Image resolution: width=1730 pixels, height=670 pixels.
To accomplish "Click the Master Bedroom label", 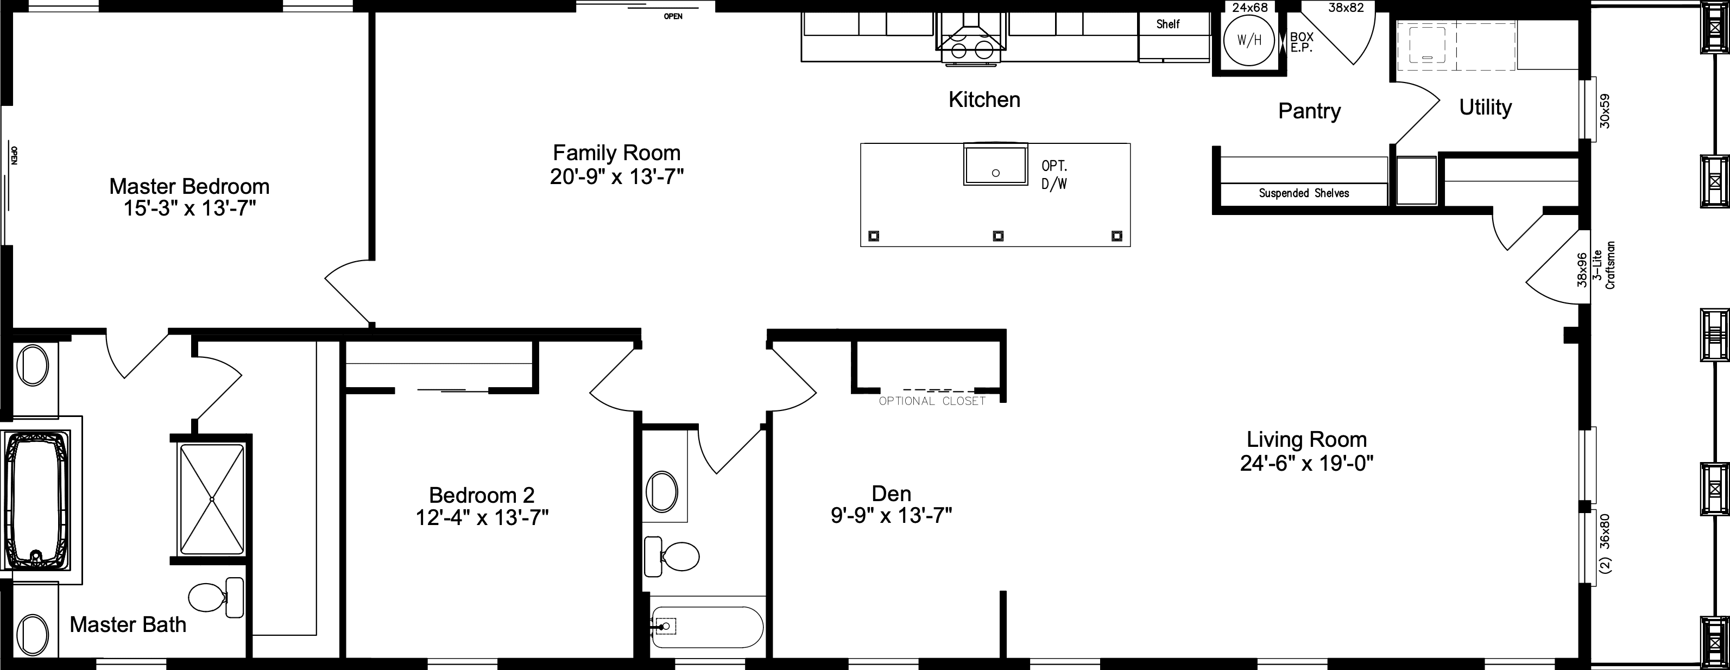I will [x=190, y=186].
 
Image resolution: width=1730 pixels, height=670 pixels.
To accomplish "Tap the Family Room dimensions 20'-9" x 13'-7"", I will [x=616, y=176].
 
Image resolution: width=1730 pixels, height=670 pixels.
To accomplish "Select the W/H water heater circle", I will [x=1248, y=40].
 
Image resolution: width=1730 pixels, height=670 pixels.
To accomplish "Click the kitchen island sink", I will [x=995, y=165].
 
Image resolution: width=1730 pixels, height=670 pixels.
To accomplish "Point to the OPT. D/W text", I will [x=1054, y=174].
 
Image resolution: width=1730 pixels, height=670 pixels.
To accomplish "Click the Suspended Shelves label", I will [x=1304, y=193].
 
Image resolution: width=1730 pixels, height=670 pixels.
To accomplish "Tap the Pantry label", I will [x=1309, y=111].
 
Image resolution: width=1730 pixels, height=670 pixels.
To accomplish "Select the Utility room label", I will [x=1485, y=108].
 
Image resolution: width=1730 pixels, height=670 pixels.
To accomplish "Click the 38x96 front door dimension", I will [x=1582, y=269].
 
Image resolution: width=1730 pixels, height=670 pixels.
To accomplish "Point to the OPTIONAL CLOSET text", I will [x=932, y=401].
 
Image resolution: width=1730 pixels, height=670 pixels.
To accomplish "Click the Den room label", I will [x=891, y=494].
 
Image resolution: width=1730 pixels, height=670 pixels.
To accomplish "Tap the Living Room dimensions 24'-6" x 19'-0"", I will [x=1306, y=463].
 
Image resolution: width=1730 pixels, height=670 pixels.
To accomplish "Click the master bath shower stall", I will [x=212, y=499].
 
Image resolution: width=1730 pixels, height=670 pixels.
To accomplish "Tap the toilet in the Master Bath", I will [x=215, y=597].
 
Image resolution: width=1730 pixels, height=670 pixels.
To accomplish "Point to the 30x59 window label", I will [x=1605, y=111].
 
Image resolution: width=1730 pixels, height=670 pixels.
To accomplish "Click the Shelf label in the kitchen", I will [x=1168, y=24].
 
